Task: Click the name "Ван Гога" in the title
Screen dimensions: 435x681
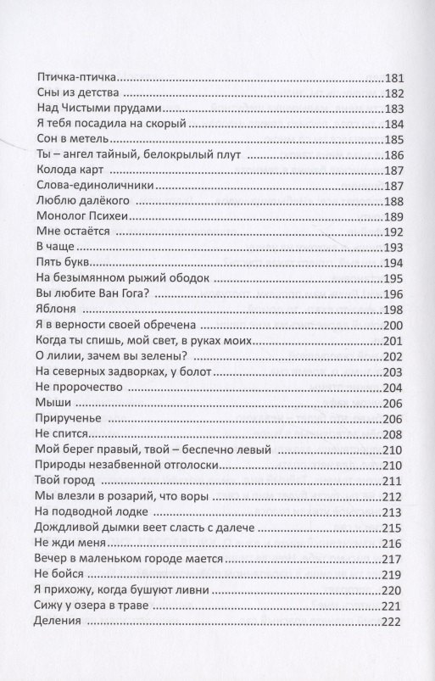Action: [x=124, y=293]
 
